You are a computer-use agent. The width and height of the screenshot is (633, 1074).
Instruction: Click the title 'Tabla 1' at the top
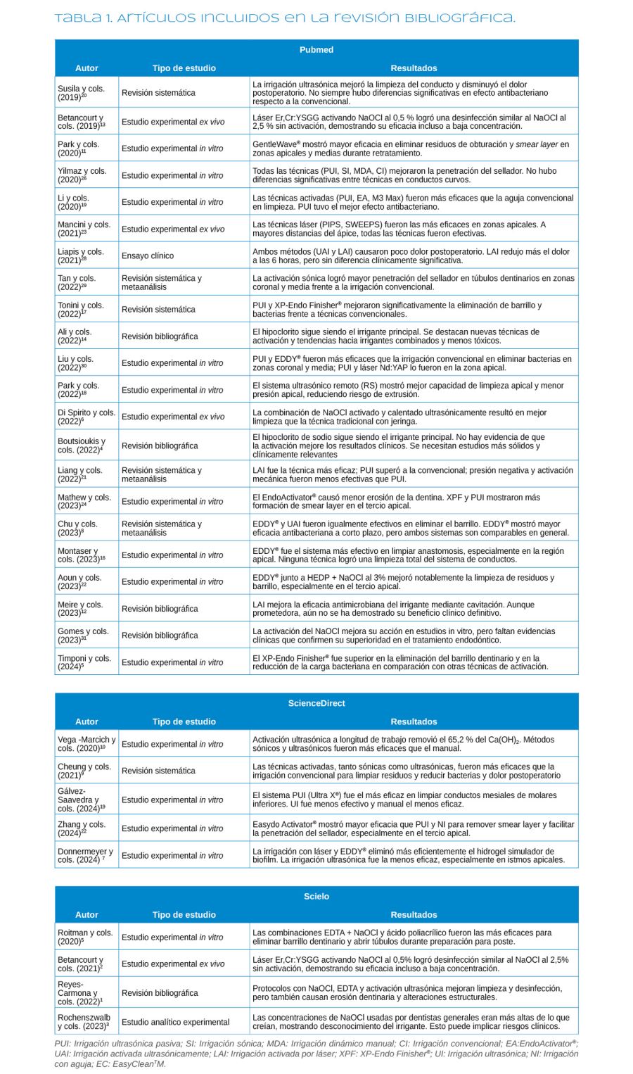(x=284, y=18)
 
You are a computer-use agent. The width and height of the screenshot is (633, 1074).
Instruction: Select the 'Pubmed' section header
(x=316, y=50)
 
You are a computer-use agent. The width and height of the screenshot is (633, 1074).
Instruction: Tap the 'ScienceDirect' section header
(x=316, y=703)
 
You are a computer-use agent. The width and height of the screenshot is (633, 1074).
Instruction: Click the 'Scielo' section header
(x=316, y=896)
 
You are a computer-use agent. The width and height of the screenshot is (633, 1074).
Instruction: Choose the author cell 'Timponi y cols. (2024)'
(x=84, y=662)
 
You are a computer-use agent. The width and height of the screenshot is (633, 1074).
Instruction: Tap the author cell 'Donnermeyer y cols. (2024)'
(x=85, y=856)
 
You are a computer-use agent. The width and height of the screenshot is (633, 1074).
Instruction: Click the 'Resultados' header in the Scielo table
(x=414, y=915)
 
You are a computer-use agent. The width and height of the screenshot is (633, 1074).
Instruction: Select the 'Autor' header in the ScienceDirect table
(x=87, y=721)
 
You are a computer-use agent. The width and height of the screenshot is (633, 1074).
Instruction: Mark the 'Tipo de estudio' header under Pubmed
(x=184, y=68)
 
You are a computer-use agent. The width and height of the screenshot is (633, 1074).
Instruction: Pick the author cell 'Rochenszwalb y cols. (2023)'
(x=84, y=1022)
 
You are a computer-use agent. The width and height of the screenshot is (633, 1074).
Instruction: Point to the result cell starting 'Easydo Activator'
(x=414, y=828)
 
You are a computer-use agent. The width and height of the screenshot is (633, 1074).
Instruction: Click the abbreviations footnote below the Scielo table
(x=316, y=1054)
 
